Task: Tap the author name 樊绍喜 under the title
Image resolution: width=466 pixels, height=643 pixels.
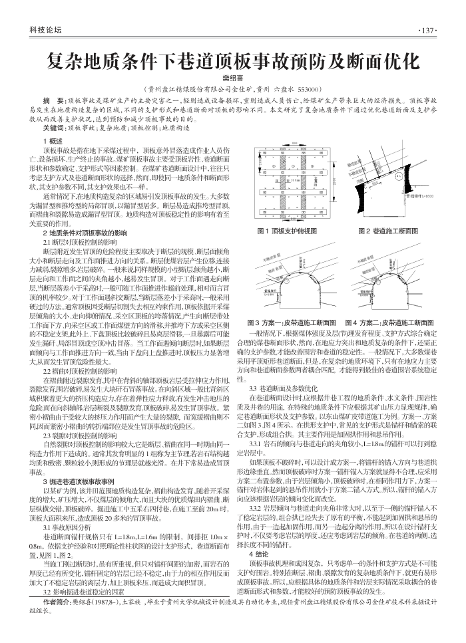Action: [x=232, y=77]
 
